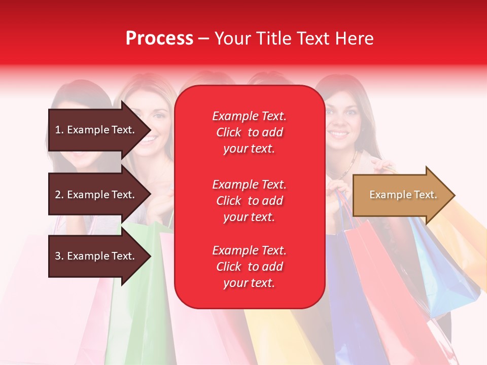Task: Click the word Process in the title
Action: tap(159, 39)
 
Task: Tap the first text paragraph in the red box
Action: tap(249, 132)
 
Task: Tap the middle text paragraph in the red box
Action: tap(249, 201)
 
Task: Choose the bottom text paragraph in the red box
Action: tap(249, 267)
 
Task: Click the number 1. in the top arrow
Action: tap(59, 130)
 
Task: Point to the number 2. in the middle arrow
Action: tap(59, 195)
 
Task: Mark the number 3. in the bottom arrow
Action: tap(59, 256)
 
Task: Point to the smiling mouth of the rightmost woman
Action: tap(339, 135)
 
